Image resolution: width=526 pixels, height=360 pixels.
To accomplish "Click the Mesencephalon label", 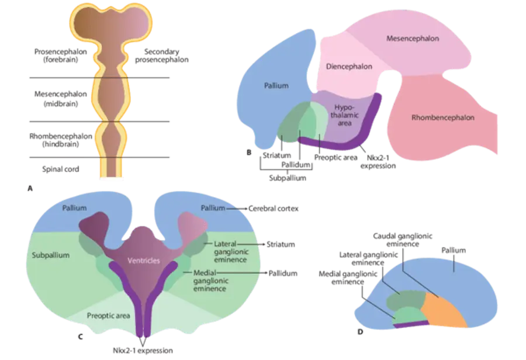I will point(413,39).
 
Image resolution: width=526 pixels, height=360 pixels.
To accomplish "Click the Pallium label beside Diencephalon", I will point(276,86).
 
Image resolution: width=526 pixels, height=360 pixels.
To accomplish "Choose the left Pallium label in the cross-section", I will point(75,208).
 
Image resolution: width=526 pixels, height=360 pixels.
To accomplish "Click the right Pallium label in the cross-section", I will point(212,208).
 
